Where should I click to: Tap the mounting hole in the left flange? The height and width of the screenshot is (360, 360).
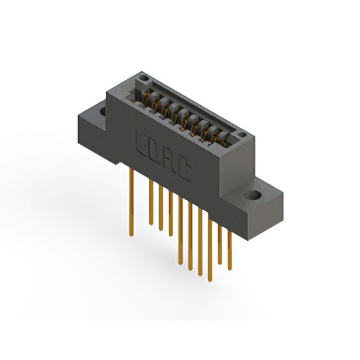point(103,111)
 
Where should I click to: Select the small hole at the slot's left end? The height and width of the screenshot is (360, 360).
point(143,79)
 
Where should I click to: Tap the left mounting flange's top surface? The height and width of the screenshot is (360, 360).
point(93,115)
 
